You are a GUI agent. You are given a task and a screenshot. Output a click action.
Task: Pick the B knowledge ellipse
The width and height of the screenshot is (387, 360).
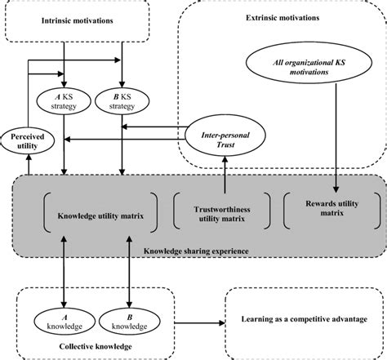[x=125, y=320]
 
